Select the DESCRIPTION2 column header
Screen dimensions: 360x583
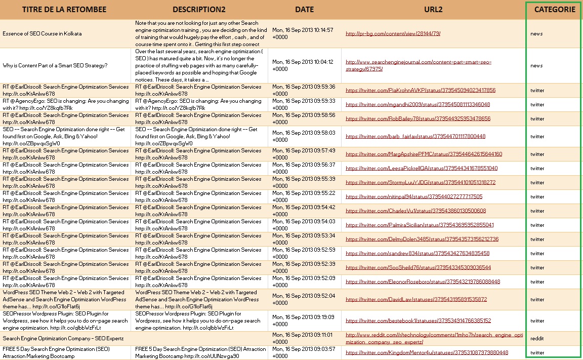pos(199,10)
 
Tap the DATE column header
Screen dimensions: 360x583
pos(304,10)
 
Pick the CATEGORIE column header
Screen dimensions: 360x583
pos(555,10)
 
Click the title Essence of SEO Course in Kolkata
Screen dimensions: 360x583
pos(42,34)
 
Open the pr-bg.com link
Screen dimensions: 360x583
pos(393,34)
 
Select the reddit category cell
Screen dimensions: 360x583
pos(537,338)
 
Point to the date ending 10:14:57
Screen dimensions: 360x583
pos(303,33)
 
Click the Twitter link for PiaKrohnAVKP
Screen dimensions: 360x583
pos(421,91)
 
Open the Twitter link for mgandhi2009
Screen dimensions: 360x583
pos(418,105)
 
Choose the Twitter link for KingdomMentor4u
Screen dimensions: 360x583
pos(427,352)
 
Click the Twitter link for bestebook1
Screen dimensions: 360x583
pos(418,321)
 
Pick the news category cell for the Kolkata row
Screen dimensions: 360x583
pos(536,34)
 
